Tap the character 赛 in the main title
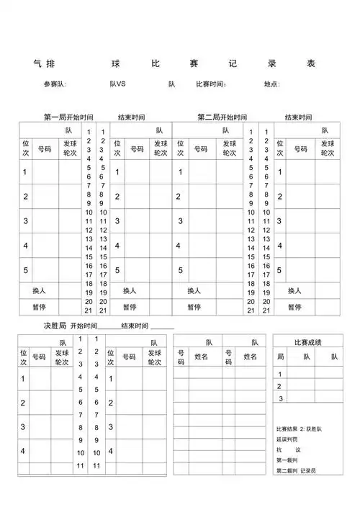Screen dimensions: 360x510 (x=194, y=63)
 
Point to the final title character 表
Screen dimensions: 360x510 (x=311, y=63)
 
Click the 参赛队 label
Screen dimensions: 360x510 (x=55, y=84)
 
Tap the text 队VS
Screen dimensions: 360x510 (x=117, y=84)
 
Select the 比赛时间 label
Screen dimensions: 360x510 (x=212, y=84)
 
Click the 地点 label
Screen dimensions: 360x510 (x=271, y=84)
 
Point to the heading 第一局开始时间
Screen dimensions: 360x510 (x=68, y=117)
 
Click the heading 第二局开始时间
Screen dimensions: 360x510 (x=222, y=117)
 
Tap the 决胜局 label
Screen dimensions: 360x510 (x=55, y=326)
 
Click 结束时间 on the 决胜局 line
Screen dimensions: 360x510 (x=135, y=326)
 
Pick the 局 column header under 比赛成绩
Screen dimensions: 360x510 (x=281, y=357)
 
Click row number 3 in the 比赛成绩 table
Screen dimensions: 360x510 (x=281, y=398)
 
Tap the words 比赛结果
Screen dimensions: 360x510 (x=286, y=428)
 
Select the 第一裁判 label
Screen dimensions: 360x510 (x=286, y=460)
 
